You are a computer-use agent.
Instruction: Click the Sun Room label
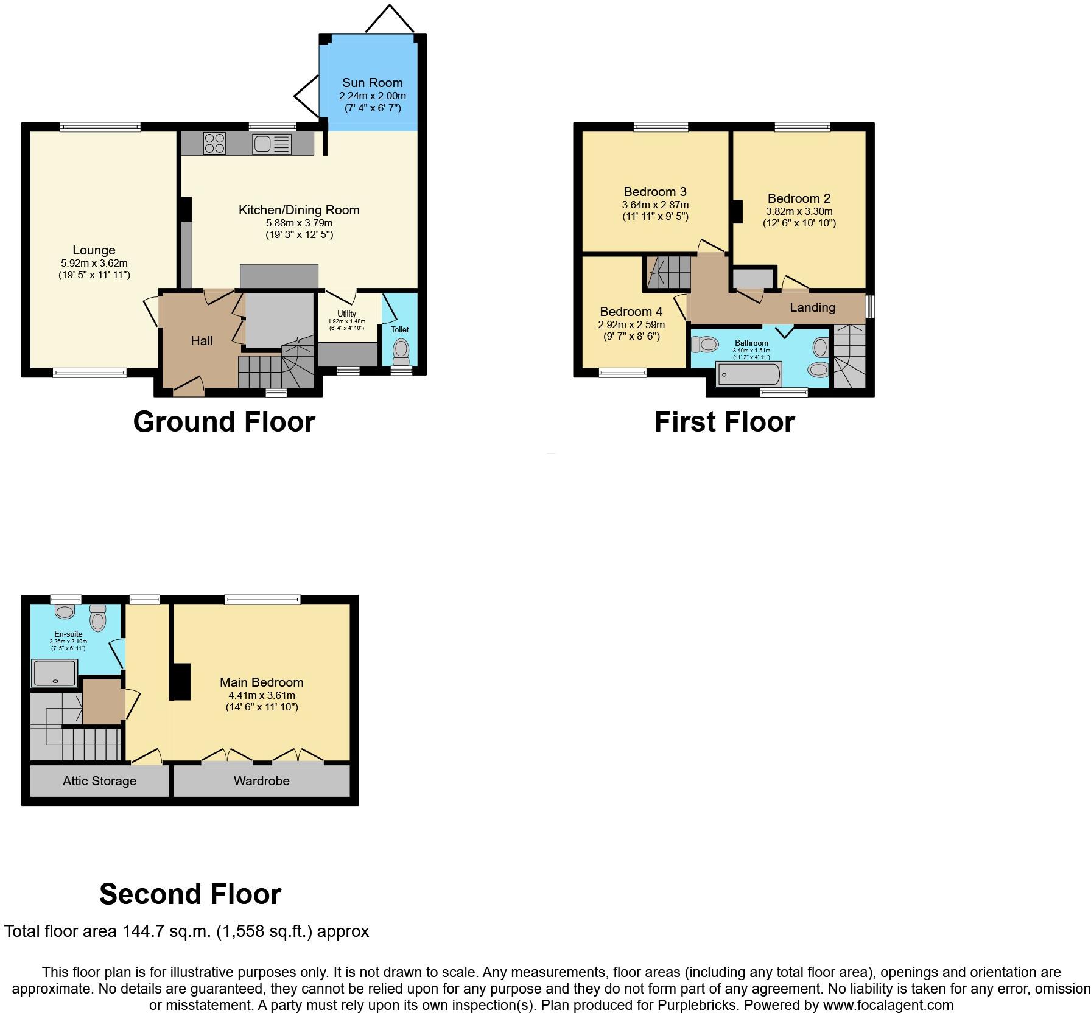(372, 83)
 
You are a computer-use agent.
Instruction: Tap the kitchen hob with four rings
(214, 143)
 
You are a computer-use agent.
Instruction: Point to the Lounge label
(94, 250)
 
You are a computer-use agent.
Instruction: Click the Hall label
(202, 341)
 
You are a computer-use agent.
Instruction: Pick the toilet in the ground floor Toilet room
(401, 351)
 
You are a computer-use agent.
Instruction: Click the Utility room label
(346, 314)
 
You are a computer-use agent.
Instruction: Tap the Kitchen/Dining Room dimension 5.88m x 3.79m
(298, 223)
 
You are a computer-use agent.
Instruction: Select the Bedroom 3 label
(655, 192)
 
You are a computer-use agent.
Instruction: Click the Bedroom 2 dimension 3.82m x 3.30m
(799, 211)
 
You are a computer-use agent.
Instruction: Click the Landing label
(812, 307)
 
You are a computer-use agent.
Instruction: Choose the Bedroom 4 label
(631, 312)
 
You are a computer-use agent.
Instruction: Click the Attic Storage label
(99, 781)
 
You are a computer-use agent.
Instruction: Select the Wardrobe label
(261, 781)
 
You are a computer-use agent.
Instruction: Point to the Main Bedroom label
(261, 682)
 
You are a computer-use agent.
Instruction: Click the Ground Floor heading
(224, 422)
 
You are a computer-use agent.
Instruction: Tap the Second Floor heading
(190, 894)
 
